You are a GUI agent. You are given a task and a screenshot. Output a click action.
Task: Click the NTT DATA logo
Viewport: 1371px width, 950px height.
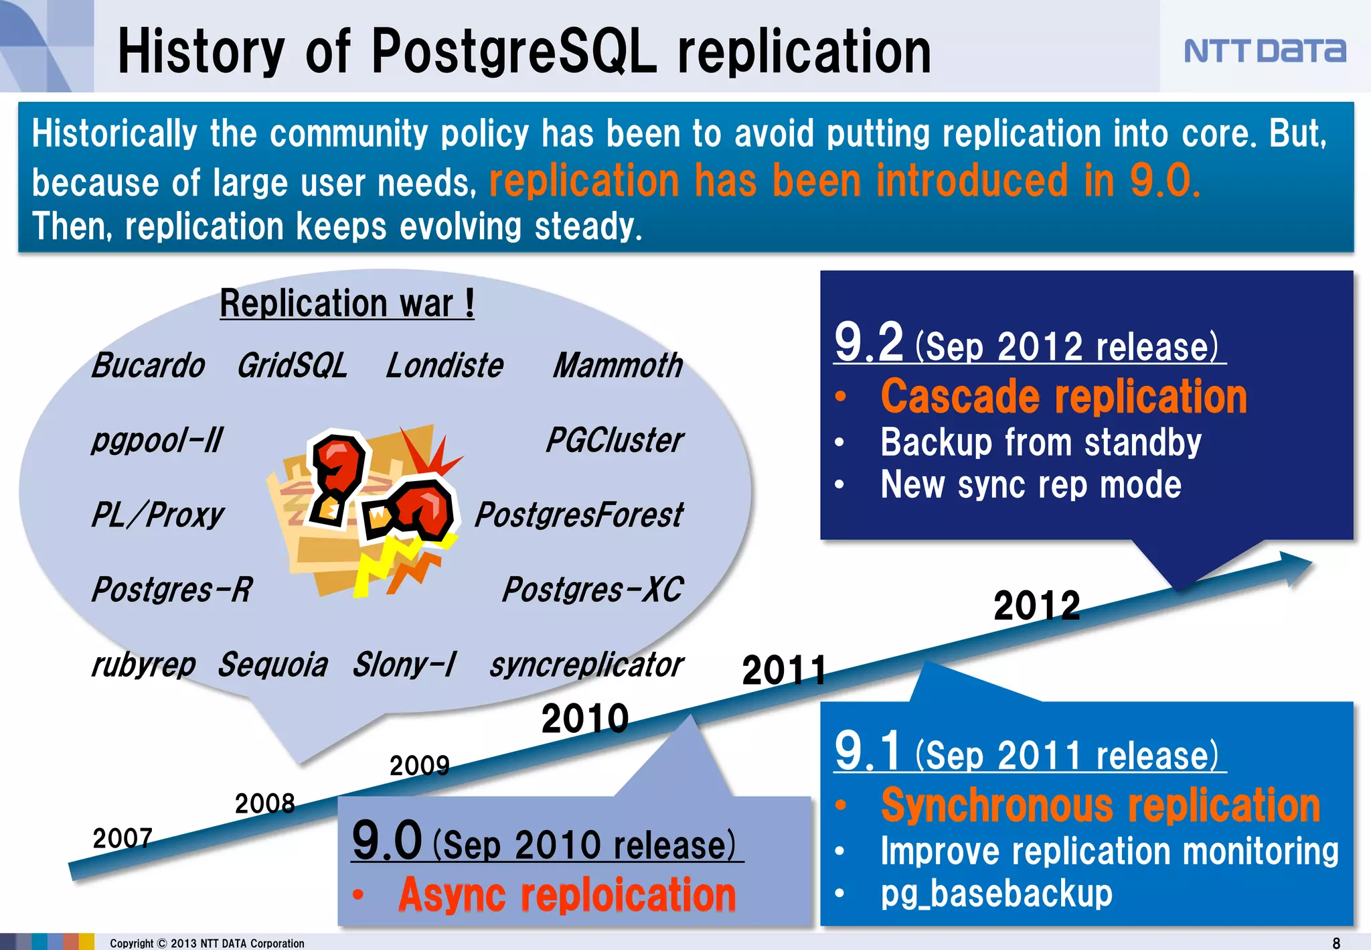(x=1264, y=51)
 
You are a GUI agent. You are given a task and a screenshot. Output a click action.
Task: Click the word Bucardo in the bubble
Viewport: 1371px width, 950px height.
(x=148, y=366)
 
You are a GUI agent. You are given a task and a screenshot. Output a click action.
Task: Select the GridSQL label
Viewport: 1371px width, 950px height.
(x=292, y=366)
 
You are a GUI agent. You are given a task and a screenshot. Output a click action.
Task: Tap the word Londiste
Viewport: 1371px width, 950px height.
(x=445, y=366)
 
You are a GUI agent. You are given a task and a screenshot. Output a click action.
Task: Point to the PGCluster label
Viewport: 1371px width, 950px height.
(x=615, y=441)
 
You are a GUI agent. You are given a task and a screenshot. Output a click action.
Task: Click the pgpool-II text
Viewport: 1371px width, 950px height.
(x=157, y=441)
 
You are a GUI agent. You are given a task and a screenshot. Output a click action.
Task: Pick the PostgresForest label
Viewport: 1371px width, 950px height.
(x=579, y=515)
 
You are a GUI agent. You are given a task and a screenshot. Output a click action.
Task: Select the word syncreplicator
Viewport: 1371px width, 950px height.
(x=586, y=665)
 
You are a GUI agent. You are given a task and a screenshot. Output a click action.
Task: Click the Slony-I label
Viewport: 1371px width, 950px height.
(x=404, y=665)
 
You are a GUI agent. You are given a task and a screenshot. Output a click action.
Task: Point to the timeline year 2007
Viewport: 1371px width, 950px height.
(x=123, y=838)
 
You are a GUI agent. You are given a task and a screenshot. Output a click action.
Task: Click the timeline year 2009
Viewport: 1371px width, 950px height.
(x=419, y=765)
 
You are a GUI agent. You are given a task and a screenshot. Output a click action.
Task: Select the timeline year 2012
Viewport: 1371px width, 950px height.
(x=1036, y=606)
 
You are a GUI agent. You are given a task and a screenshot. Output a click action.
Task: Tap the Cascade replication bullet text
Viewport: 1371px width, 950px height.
(x=1064, y=397)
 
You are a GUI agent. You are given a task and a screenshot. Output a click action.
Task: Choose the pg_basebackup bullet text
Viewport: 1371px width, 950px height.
(x=996, y=894)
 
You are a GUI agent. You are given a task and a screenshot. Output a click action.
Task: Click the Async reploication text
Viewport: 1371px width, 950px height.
(x=566, y=895)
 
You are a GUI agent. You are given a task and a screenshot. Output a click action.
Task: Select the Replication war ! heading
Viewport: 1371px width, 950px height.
(x=347, y=303)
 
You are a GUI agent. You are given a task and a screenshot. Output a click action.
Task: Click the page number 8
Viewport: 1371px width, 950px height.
(x=1336, y=943)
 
